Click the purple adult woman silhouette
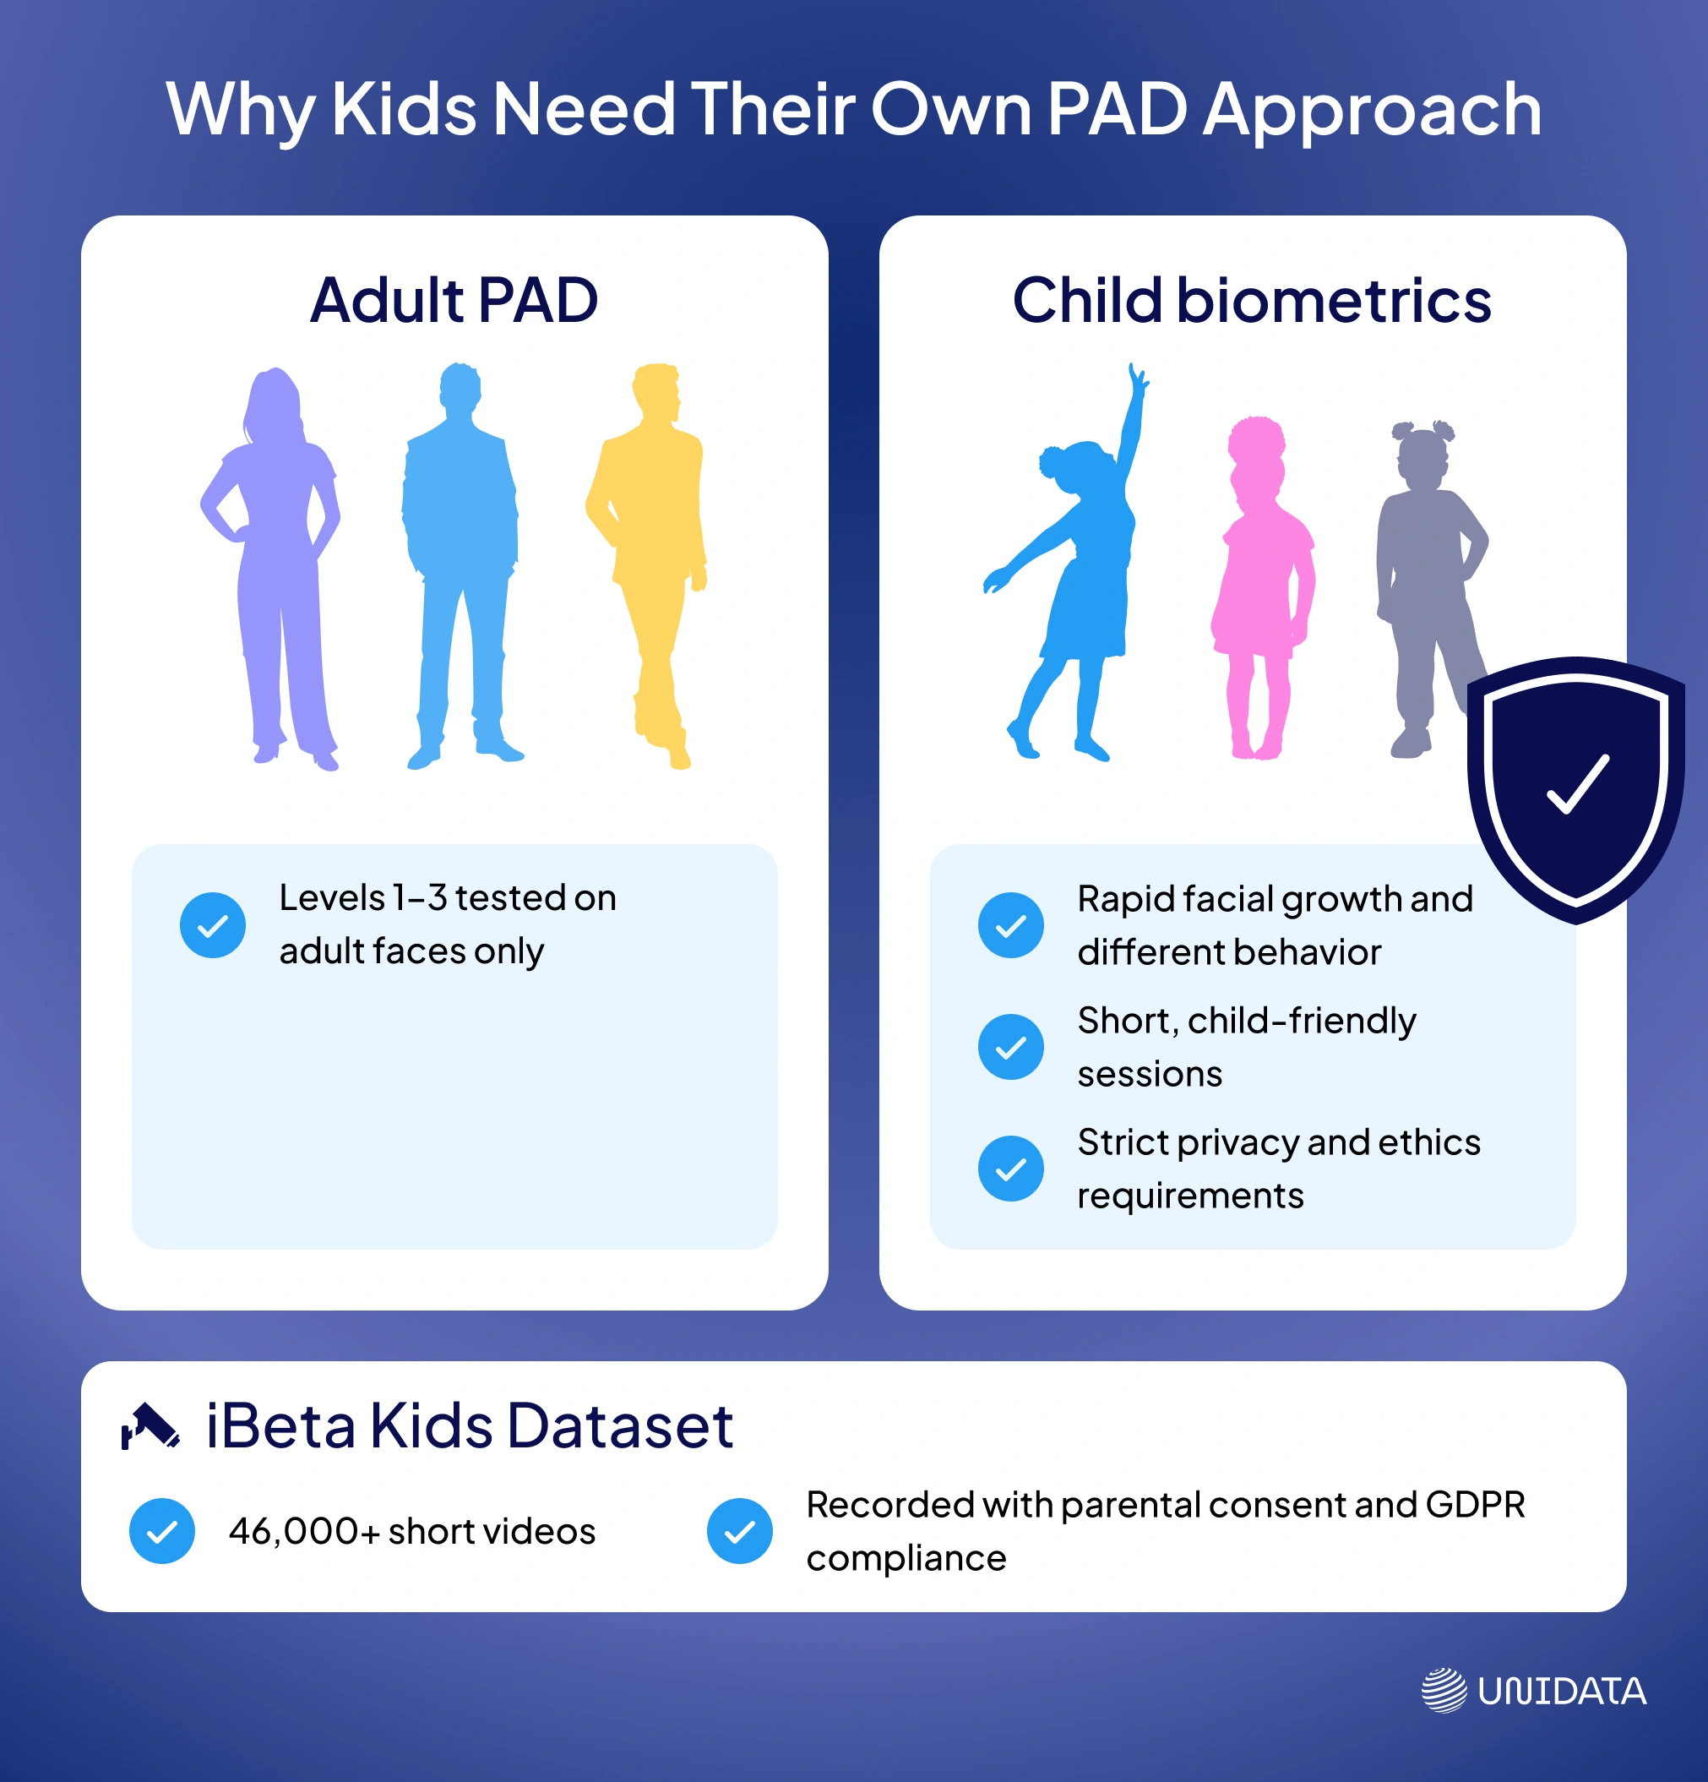(273, 564)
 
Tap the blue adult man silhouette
(462, 564)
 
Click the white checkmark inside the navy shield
(1578, 784)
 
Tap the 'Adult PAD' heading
(454, 300)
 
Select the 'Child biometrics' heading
(1252, 300)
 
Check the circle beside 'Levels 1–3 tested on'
(213, 925)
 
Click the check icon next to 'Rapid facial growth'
(1011, 925)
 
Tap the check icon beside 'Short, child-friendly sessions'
(1011, 1048)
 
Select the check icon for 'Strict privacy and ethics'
(1011, 1169)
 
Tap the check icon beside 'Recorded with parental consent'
(740, 1531)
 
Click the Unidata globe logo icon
(1444, 1690)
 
